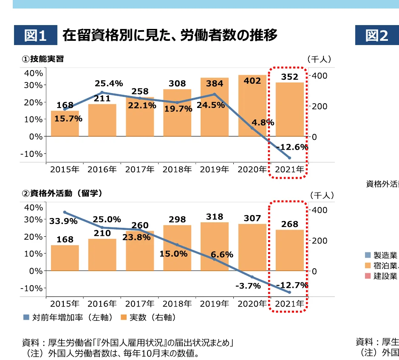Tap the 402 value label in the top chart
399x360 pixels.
tap(252, 80)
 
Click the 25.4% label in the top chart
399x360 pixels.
tap(109, 83)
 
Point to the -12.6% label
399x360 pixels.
tap(292, 147)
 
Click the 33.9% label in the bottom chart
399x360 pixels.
tap(63, 221)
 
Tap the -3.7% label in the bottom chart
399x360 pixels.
tap(248, 286)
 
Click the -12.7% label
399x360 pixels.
tap(292, 285)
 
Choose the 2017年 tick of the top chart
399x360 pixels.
tap(140, 170)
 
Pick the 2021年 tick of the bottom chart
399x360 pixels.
tap(290, 304)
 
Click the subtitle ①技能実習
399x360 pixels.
tap(43, 59)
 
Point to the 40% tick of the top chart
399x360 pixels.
tap(34, 73)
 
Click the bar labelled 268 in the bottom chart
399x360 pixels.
tap(290, 251)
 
